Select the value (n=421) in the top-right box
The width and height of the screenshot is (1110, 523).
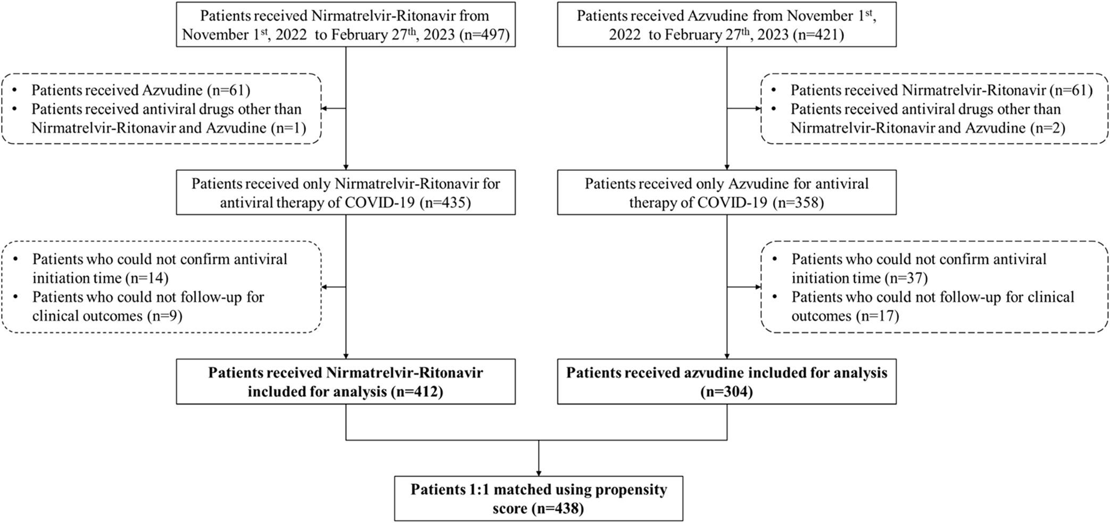click(x=817, y=35)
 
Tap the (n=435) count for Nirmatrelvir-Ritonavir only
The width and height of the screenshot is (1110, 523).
click(x=445, y=203)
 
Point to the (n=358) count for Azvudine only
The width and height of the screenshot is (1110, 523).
click(x=798, y=203)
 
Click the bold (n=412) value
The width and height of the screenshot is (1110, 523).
click(x=417, y=392)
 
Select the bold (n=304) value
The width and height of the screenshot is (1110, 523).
click(x=726, y=392)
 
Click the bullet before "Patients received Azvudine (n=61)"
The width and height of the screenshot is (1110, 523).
click(x=15, y=90)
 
